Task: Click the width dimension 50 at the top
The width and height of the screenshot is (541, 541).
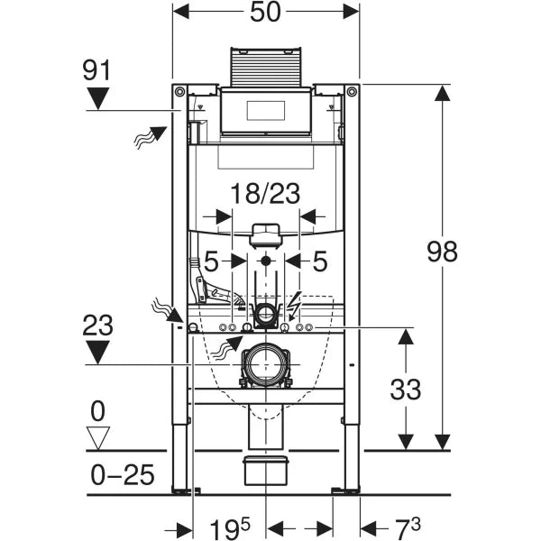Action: [x=265, y=13]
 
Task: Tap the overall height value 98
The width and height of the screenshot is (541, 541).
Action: [x=442, y=252]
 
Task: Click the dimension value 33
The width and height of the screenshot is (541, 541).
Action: [x=407, y=390]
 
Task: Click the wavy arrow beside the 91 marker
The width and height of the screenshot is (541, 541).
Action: [x=150, y=137]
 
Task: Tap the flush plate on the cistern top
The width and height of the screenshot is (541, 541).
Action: [x=265, y=112]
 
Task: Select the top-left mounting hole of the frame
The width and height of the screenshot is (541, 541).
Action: [x=180, y=91]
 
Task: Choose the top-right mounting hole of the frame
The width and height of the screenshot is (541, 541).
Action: [x=350, y=91]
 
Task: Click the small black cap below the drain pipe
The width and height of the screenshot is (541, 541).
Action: [x=264, y=469]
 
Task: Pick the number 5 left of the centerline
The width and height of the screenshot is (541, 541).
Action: [x=212, y=261]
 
